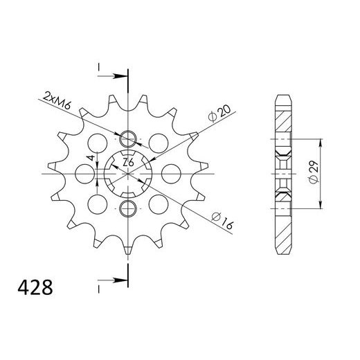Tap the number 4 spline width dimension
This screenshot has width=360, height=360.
[x=90, y=161]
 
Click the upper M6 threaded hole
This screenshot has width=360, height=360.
[x=127, y=136]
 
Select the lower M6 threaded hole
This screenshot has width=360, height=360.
[x=127, y=209]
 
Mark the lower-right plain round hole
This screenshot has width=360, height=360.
[x=155, y=204]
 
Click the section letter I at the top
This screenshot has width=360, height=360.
[x=99, y=66]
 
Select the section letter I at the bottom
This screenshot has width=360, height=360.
[x=99, y=285]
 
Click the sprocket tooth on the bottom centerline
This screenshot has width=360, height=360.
[x=127, y=247]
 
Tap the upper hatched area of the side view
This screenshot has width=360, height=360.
[x=285, y=125]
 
